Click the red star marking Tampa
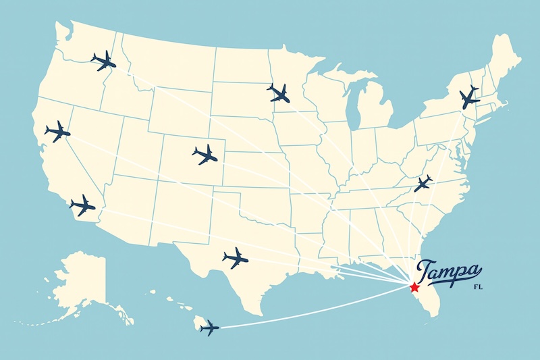click(x=413, y=286)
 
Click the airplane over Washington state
click(x=103, y=61)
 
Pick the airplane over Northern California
click(x=57, y=131)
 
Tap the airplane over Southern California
click(x=82, y=205)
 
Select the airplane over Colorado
click(x=205, y=155)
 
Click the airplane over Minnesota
click(x=278, y=92)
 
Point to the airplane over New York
click(x=469, y=98)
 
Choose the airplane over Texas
click(x=235, y=257)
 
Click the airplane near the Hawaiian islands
click(x=209, y=328)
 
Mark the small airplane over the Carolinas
click(x=423, y=183)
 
